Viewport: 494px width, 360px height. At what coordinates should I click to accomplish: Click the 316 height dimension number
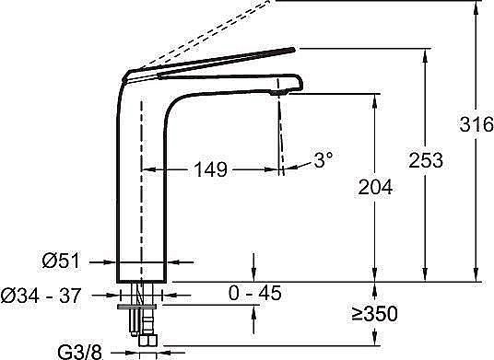pos(476,123)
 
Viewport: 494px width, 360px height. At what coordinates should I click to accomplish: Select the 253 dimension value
pos(426,160)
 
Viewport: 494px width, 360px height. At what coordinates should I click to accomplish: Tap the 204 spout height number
pos(375,187)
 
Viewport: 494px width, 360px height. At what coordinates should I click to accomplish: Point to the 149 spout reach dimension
pos(210,169)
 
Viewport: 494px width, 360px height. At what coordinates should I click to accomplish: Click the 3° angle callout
pos(323,159)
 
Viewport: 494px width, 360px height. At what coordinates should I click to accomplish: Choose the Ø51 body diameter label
pos(62,261)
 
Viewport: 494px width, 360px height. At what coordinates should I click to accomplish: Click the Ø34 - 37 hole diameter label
pos(41,296)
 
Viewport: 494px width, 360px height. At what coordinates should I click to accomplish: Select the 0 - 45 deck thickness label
pos(254,293)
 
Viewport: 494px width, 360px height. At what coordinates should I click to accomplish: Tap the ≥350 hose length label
pos(375,314)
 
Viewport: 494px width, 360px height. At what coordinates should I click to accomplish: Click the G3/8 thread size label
pos(80,352)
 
